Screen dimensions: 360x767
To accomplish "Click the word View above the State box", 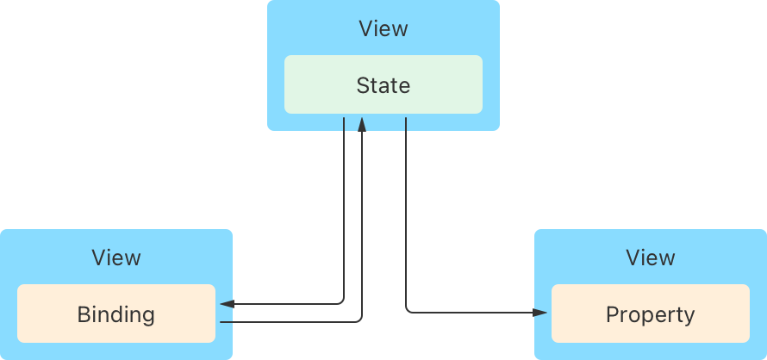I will click(383, 28).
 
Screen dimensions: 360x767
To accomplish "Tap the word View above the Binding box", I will click(116, 258).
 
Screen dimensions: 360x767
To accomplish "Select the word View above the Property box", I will click(651, 258).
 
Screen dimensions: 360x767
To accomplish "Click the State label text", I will click(383, 85).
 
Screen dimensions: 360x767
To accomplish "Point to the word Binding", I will click(116, 314).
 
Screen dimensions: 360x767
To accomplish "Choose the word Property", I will click(651, 314).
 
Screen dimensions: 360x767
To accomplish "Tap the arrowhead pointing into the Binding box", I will click(226, 304).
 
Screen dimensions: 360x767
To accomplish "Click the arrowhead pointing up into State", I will click(362, 125).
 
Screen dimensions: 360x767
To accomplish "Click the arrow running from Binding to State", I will click(362, 224).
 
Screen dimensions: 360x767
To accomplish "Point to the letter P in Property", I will click(612, 314).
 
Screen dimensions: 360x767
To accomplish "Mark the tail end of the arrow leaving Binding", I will click(222, 321).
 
